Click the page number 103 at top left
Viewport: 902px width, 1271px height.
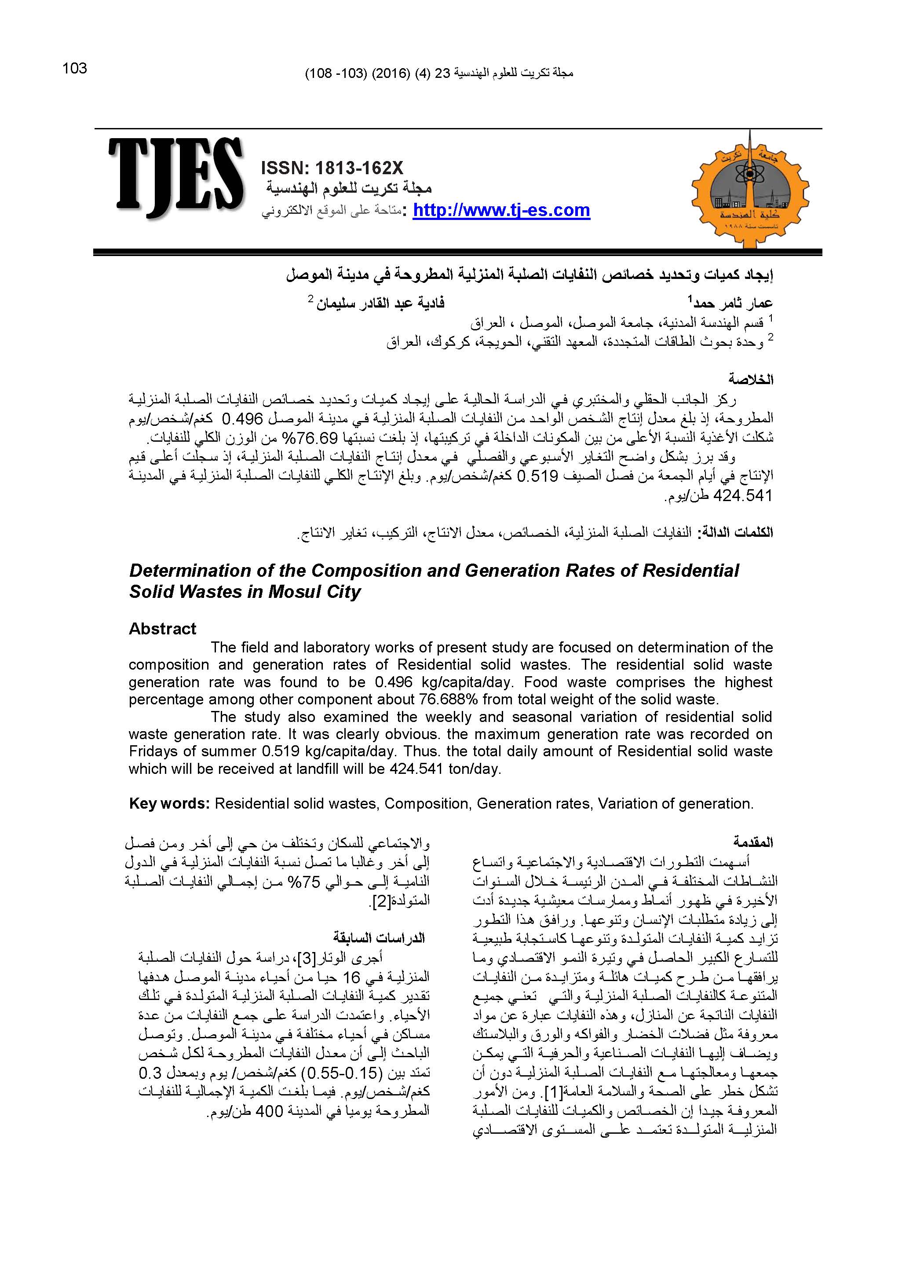(x=75, y=68)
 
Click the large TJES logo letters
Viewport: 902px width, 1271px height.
(x=176, y=177)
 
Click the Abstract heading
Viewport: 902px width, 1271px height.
(x=162, y=628)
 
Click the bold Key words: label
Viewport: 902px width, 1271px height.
(x=169, y=804)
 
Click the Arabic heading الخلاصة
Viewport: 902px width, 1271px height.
(x=751, y=380)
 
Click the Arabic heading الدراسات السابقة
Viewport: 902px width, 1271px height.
(x=380, y=938)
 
